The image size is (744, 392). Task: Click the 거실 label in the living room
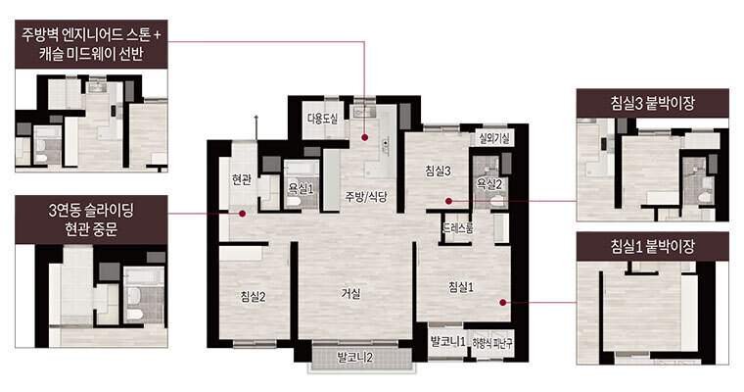pyautogui.click(x=351, y=294)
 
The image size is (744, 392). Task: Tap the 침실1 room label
pyautogui.click(x=461, y=287)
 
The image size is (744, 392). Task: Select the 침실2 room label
pyautogui.click(x=253, y=297)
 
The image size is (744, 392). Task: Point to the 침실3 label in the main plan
pyautogui.click(x=438, y=171)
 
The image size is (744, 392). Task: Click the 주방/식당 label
pyautogui.click(x=366, y=196)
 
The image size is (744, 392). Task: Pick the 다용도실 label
pyautogui.click(x=323, y=119)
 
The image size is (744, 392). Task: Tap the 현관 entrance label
pyautogui.click(x=241, y=179)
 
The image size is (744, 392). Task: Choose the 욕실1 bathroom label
pyautogui.click(x=301, y=189)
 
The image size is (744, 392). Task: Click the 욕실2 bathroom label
pyautogui.click(x=489, y=183)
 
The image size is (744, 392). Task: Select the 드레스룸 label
pyautogui.click(x=458, y=228)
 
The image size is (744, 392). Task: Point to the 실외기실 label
pyautogui.click(x=494, y=139)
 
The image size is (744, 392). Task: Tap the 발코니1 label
pyautogui.click(x=447, y=341)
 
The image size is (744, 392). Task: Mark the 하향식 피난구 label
pyautogui.click(x=492, y=343)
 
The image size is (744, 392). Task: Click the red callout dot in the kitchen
pyautogui.click(x=364, y=137)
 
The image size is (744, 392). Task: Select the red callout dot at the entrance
pyautogui.click(x=242, y=214)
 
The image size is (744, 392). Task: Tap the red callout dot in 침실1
pyautogui.click(x=502, y=302)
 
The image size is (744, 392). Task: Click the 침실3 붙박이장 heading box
pyautogui.click(x=652, y=103)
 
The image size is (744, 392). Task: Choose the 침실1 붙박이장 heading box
pyautogui.click(x=652, y=246)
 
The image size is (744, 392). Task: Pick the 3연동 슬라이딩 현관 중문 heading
pyautogui.click(x=91, y=220)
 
